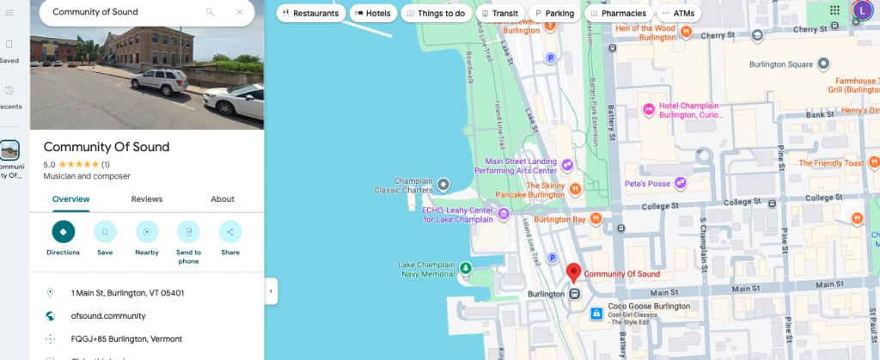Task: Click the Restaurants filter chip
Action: [x=311, y=14]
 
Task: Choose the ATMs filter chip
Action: [x=680, y=14]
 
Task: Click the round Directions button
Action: [x=63, y=232]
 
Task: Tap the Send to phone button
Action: [x=188, y=232]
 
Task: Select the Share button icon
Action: [x=230, y=232]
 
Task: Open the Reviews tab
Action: [x=146, y=199]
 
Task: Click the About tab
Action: [x=223, y=199]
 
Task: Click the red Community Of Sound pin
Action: [x=573, y=272]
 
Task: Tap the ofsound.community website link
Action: [x=107, y=316]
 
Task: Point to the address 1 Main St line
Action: [x=127, y=293]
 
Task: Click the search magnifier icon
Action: [x=211, y=12]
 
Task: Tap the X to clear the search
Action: [x=239, y=12]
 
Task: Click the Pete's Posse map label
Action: [x=646, y=183]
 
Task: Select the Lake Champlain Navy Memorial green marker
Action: [x=466, y=268]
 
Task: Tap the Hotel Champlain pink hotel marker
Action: [x=649, y=109]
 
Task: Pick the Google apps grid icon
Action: [x=834, y=9]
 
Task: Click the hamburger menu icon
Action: [x=9, y=12]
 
